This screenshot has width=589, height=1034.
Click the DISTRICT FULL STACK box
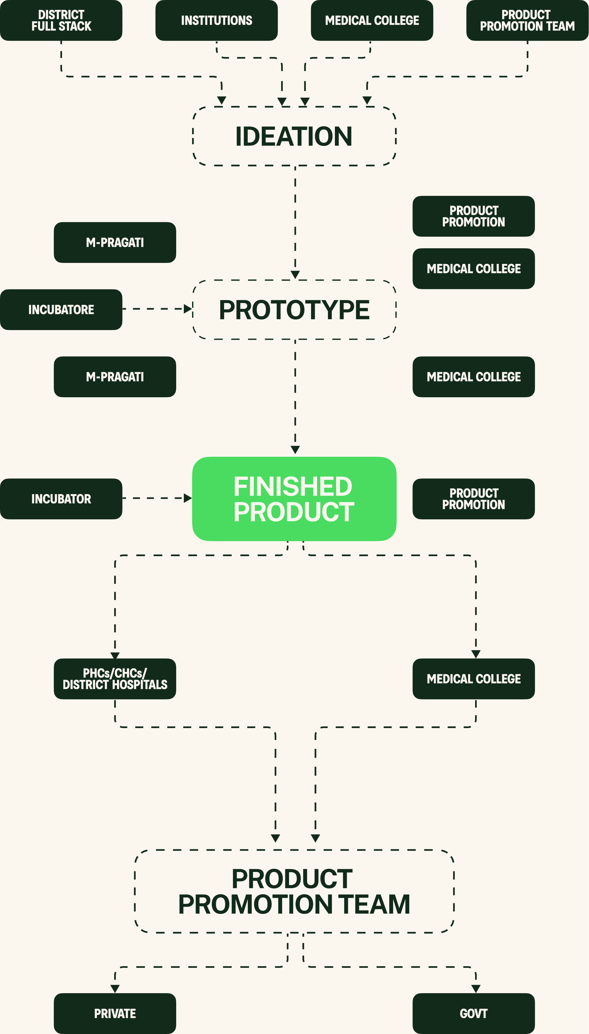click(x=61, y=20)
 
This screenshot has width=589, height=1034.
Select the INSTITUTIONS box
click(x=217, y=20)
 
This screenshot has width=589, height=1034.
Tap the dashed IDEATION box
click(x=294, y=136)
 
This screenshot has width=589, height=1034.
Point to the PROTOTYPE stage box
click(x=294, y=310)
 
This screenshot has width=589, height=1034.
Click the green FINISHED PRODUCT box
click(x=294, y=499)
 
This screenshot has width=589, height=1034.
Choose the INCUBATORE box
click(x=61, y=310)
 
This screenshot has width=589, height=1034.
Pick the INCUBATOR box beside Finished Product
click(x=61, y=499)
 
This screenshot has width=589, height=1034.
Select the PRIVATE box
click(x=115, y=1013)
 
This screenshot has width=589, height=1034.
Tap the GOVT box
click(x=474, y=1013)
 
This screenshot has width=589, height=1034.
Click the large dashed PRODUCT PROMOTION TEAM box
click(x=294, y=891)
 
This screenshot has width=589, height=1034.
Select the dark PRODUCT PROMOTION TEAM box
click(x=527, y=20)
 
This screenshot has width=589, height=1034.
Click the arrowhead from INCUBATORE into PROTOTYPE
click(x=188, y=309)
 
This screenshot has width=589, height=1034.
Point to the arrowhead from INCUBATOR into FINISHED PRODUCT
click(x=188, y=498)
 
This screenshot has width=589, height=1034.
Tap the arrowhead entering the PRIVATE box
click(x=115, y=989)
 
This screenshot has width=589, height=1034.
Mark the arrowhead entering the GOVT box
click(x=476, y=989)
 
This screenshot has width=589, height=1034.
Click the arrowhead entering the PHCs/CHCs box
click(x=115, y=655)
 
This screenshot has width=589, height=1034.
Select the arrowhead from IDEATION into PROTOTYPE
click(x=295, y=275)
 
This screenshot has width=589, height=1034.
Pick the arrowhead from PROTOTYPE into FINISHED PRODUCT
click(x=295, y=450)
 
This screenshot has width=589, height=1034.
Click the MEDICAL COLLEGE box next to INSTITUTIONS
click(x=372, y=20)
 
